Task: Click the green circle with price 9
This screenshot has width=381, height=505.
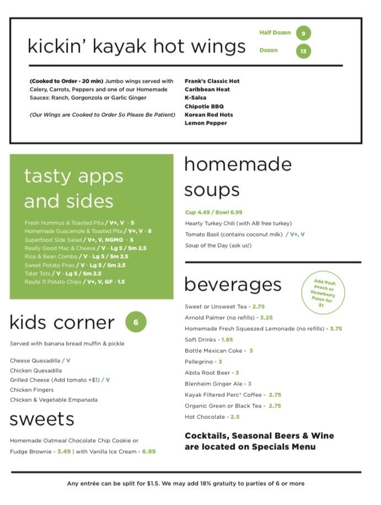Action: click(303, 34)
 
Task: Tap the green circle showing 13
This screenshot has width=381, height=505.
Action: click(303, 51)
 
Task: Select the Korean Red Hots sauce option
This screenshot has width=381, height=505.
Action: click(208, 115)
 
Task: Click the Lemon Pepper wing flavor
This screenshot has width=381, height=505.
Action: click(206, 123)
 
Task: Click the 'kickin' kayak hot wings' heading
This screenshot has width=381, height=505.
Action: click(137, 46)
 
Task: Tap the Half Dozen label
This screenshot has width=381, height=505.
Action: click(275, 33)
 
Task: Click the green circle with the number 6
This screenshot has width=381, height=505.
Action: click(136, 322)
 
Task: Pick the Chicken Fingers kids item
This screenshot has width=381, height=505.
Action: click(33, 390)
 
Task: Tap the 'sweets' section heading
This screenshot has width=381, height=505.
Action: click(42, 420)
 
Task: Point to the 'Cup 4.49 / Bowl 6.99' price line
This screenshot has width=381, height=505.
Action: click(213, 212)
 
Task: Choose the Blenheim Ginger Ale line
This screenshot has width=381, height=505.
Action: click(218, 384)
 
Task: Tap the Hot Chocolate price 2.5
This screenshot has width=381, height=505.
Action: click(235, 417)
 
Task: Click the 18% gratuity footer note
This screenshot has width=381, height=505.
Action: click(185, 484)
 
